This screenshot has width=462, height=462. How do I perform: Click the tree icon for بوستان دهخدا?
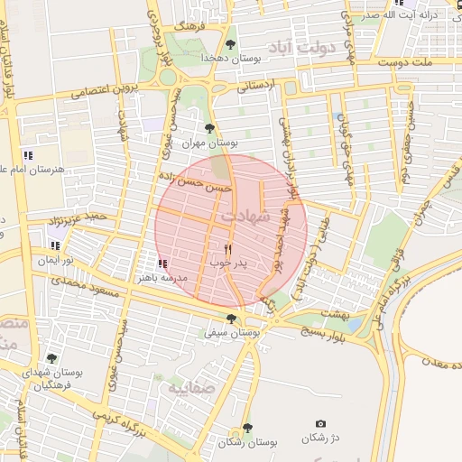pos(231,43)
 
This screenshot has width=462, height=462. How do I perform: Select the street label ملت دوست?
pos(431,63)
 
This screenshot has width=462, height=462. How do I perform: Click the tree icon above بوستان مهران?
pos(210,128)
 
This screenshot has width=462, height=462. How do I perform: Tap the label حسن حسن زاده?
pos(194,182)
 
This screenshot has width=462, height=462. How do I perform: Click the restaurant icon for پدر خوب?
pos(227,249)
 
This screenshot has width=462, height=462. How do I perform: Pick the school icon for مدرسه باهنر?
pos(163,263)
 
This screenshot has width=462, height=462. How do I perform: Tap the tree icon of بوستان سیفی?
pos(232,318)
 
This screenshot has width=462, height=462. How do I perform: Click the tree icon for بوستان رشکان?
pos(247,428)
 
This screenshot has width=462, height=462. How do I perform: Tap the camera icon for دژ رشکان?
pos(320,423)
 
